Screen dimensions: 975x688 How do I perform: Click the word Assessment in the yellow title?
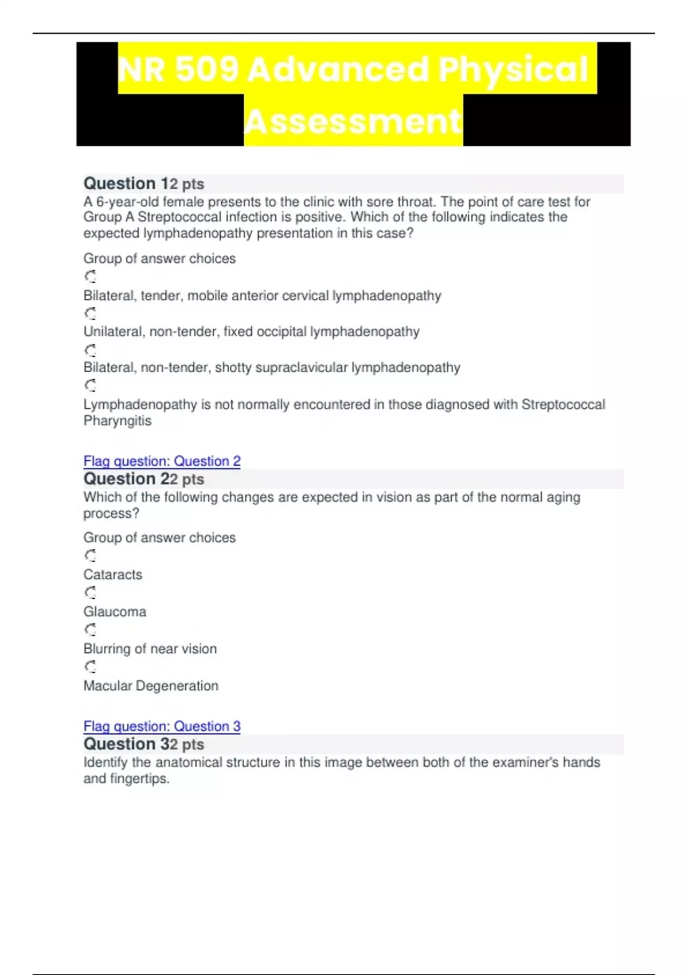point(353,121)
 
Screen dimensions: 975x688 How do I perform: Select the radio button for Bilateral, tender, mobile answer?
point(91,277)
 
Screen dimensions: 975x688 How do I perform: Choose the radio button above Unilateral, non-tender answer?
point(91,314)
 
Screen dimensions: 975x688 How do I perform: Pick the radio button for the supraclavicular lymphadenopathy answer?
point(91,350)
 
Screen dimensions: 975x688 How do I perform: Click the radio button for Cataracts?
point(91,556)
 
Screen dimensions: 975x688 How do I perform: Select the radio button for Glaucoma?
point(91,592)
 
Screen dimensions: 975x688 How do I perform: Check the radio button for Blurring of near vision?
point(91,630)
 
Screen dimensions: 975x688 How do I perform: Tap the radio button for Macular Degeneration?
point(91,666)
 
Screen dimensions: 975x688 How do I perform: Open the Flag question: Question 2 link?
point(162,461)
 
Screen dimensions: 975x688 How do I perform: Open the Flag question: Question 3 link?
point(162,726)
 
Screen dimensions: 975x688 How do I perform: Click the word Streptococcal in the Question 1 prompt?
point(179,217)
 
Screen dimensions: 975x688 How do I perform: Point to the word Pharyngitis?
point(118,421)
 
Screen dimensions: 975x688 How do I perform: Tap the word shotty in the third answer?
point(233,368)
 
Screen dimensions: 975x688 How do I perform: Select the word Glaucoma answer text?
point(115,612)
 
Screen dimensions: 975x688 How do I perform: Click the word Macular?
point(107,686)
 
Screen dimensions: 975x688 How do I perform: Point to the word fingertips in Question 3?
point(139,779)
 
